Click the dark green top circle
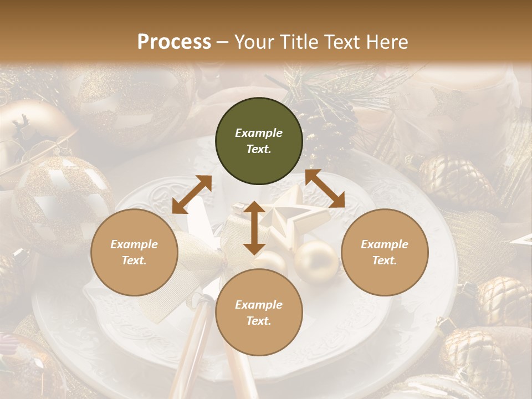point(259,141)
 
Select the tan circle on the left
point(134,253)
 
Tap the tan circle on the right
point(385,253)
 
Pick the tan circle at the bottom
point(259,313)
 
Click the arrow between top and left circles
point(192,195)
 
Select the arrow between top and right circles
point(325,189)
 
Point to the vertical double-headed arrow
point(254,228)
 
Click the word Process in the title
point(174,42)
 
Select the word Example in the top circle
point(259,133)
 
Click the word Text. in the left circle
point(134,260)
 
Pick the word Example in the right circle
point(385,244)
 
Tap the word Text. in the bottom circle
point(259,321)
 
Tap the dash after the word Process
point(223,42)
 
